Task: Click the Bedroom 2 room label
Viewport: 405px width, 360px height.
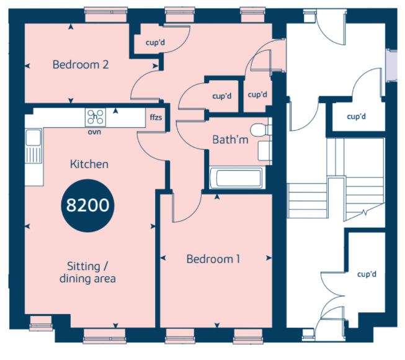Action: [81, 65]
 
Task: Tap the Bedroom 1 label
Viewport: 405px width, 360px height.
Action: [213, 259]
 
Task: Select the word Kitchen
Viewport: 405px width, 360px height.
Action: [89, 164]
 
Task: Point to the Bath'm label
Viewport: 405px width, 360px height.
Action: [230, 140]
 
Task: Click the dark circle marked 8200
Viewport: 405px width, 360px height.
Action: [87, 205]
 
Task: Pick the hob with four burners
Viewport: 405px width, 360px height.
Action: [96, 117]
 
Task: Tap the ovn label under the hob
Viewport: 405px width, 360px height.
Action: [94, 132]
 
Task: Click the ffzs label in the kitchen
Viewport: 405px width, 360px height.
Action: [156, 117]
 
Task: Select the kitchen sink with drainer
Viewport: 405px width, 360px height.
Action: [33, 146]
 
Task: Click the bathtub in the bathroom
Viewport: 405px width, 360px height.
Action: [236, 178]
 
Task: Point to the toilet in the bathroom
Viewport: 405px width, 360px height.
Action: [260, 130]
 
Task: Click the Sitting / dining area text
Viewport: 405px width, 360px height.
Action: [87, 272]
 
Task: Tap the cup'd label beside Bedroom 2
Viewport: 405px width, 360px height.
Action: [155, 42]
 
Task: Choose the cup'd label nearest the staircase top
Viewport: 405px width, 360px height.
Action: [356, 117]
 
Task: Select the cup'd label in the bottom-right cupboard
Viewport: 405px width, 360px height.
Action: [367, 274]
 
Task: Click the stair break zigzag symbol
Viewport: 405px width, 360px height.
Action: [365, 213]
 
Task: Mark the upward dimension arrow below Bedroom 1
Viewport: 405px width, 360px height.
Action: [217, 197]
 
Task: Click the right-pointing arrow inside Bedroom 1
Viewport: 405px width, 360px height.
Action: [269, 258]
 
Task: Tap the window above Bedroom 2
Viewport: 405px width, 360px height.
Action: [106, 15]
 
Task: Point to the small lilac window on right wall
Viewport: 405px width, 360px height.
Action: [391, 66]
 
